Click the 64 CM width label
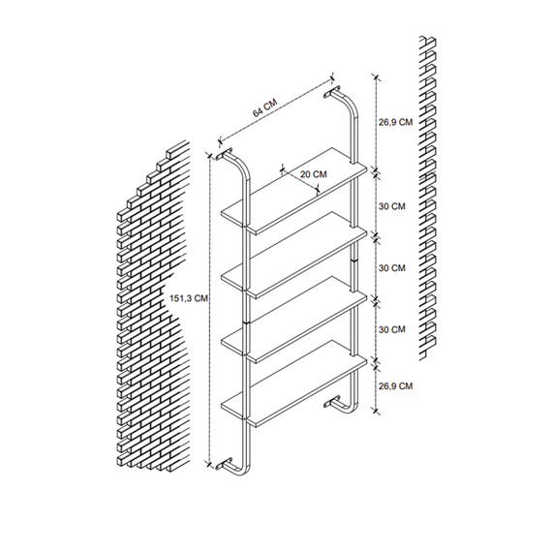coord(264,107)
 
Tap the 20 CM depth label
coord(314,174)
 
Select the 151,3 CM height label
coord(189,298)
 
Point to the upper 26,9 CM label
coord(395,123)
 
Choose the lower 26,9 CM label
coord(395,386)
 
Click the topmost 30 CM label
coord(392,206)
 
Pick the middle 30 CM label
coord(392,268)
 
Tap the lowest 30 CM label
coord(392,329)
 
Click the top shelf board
coord(294,191)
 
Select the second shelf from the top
coord(294,256)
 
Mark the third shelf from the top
coord(294,320)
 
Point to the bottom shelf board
coord(294,383)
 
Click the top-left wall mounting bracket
coord(225,153)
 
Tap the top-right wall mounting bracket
coord(332,92)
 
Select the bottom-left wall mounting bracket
coord(225,463)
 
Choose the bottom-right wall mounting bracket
coord(332,402)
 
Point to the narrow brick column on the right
coord(427,198)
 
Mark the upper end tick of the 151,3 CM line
coord(210,155)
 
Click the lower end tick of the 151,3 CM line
coord(210,464)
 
